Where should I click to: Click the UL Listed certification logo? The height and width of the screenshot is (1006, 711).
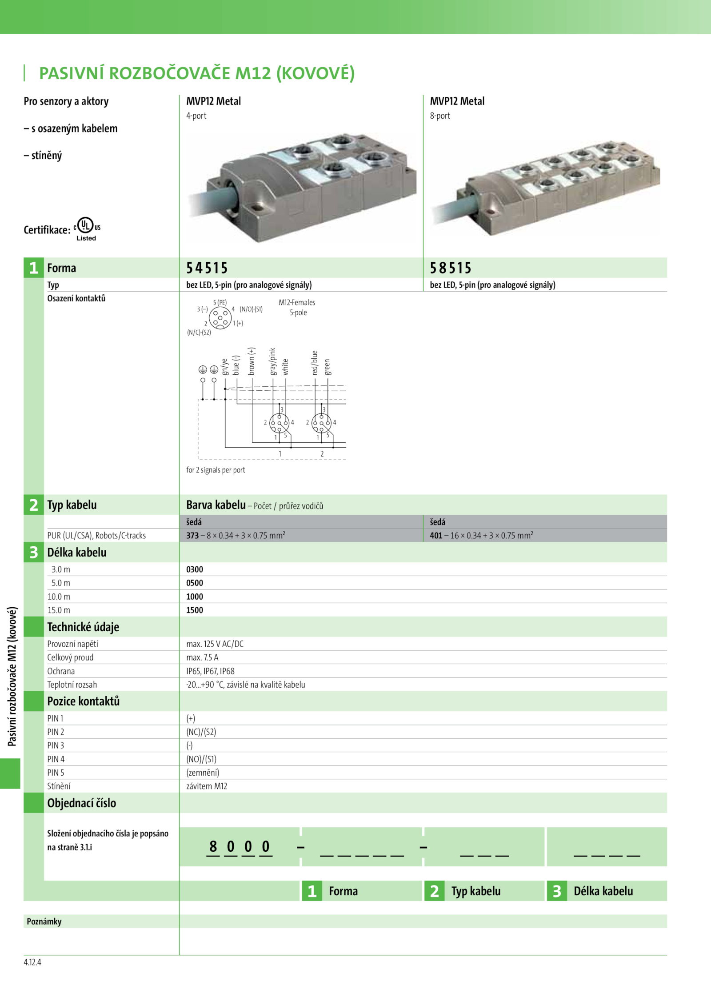pyautogui.click(x=87, y=228)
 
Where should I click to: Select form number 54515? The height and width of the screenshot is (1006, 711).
pyautogui.click(x=207, y=268)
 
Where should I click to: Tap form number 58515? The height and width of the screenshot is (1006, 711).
pyautogui.click(x=450, y=268)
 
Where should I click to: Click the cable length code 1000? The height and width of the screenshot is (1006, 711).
pyautogui.click(x=195, y=597)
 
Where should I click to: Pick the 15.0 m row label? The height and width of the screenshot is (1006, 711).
pyautogui.click(x=59, y=610)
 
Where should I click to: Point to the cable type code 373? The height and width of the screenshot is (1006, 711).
pyautogui.click(x=192, y=535)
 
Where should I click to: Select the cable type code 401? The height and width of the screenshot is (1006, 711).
pyautogui.click(x=436, y=535)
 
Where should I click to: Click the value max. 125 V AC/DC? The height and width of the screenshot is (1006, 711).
pyautogui.click(x=215, y=644)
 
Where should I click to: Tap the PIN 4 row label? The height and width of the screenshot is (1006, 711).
pyautogui.click(x=56, y=759)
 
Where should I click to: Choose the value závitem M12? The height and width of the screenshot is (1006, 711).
pyautogui.click(x=207, y=786)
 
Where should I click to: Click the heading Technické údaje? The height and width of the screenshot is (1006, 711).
pyautogui.click(x=83, y=627)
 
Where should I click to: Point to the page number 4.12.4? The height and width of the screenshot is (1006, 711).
pyautogui.click(x=32, y=962)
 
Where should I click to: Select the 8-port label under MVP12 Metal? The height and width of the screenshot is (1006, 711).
pyautogui.click(x=440, y=116)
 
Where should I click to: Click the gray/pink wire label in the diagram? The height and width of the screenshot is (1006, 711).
pyautogui.click(x=272, y=361)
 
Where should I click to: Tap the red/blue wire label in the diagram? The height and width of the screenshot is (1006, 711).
pyautogui.click(x=315, y=363)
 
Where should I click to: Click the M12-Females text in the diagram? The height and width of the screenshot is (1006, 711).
pyautogui.click(x=297, y=302)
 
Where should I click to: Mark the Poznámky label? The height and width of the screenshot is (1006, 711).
pyautogui.click(x=44, y=921)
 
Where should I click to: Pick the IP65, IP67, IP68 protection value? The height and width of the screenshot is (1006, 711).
pyautogui.click(x=210, y=671)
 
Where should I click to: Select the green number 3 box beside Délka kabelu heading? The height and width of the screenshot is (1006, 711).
pyautogui.click(x=34, y=552)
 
